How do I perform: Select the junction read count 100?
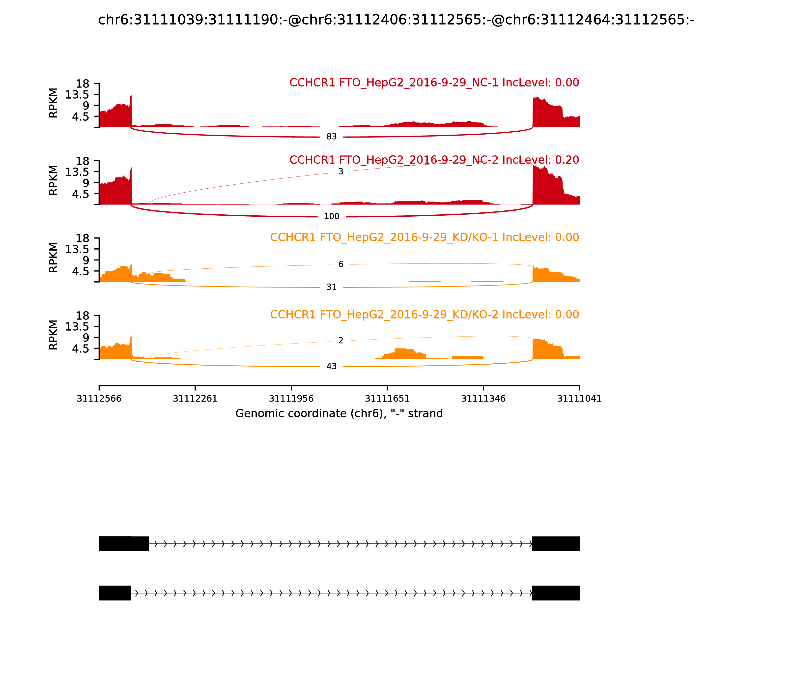332,216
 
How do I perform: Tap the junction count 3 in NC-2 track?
340,172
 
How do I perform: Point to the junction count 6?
340,264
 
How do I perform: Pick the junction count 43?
332,366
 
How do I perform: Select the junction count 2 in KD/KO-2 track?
340,340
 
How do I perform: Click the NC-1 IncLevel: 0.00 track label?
434,83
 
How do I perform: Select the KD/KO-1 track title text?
424,237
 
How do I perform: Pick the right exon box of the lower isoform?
556,593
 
